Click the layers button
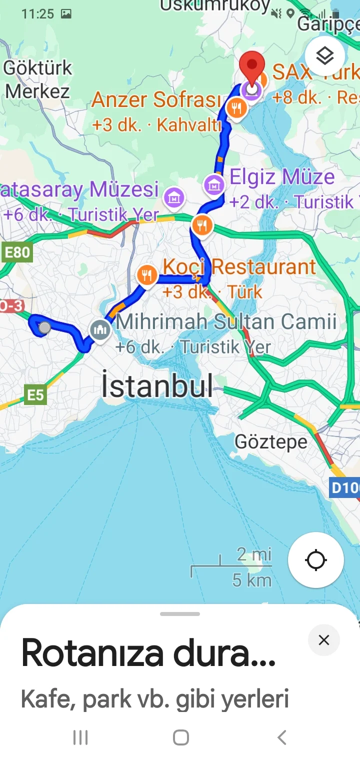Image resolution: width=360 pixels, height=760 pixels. [x=325, y=55]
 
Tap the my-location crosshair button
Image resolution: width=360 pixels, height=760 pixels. [x=316, y=559]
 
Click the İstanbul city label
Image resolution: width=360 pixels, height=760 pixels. [x=157, y=385]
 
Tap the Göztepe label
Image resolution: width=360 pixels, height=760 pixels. [x=271, y=442]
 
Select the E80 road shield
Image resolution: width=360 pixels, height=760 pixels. [x=16, y=252]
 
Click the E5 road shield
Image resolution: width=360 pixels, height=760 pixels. [x=35, y=395]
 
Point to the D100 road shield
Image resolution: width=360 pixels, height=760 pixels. [x=345, y=487]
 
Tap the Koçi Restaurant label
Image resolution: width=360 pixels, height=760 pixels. [x=239, y=267]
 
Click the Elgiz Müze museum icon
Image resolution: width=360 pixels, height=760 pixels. [x=214, y=185]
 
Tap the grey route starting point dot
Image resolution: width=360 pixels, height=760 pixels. [x=44, y=327]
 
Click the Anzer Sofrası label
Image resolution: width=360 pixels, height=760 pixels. [x=156, y=100]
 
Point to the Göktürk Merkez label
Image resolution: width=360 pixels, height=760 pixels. [x=37, y=79]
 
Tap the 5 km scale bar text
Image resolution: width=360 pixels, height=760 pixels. [x=252, y=580]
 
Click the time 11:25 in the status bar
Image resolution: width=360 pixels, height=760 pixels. [x=37, y=13]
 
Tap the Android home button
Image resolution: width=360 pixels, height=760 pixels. [x=180, y=737]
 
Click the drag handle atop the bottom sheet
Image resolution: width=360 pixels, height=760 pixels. [x=180, y=614]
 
